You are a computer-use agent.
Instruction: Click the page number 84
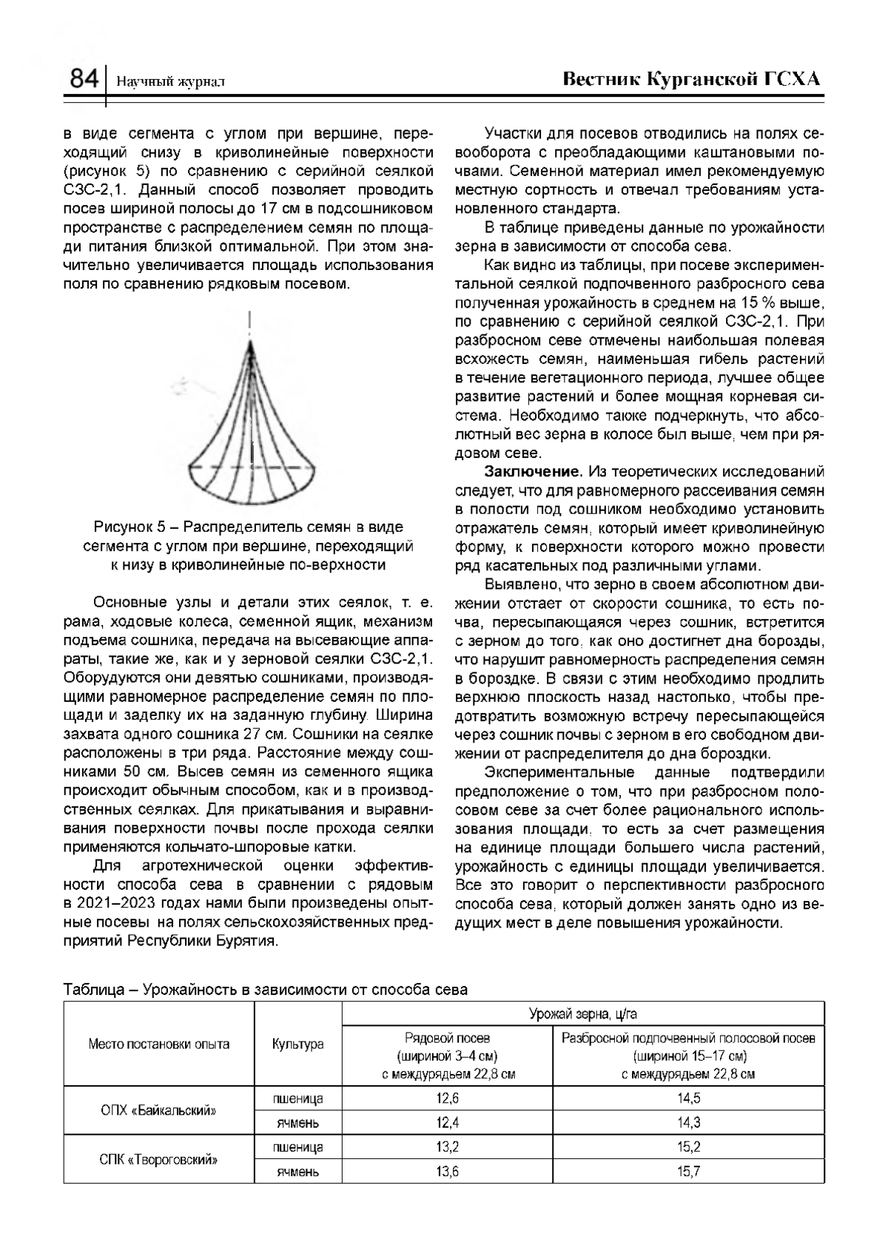pyautogui.click(x=84, y=78)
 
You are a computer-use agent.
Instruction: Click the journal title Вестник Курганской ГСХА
pyautogui.click(x=693, y=79)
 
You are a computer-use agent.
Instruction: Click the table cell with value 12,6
pyautogui.click(x=448, y=1098)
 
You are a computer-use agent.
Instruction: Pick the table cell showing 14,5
pyautogui.click(x=688, y=1098)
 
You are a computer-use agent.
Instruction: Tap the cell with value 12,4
pyautogui.click(x=448, y=1123)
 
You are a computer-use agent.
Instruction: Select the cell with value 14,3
pyautogui.click(x=688, y=1123)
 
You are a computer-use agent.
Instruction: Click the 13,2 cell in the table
pyautogui.click(x=448, y=1147)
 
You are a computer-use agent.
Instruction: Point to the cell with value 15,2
pyautogui.click(x=688, y=1147)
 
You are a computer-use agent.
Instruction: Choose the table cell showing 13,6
pyautogui.click(x=448, y=1172)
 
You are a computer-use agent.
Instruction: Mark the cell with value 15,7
pyautogui.click(x=688, y=1172)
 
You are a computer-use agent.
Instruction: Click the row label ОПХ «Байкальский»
pyautogui.click(x=158, y=1110)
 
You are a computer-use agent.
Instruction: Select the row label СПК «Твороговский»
pyautogui.click(x=158, y=1159)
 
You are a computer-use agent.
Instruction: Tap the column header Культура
pyautogui.click(x=297, y=1044)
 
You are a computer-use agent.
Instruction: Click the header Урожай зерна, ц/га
pyautogui.click(x=582, y=1013)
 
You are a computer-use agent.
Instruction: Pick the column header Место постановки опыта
pyautogui.click(x=158, y=1044)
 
